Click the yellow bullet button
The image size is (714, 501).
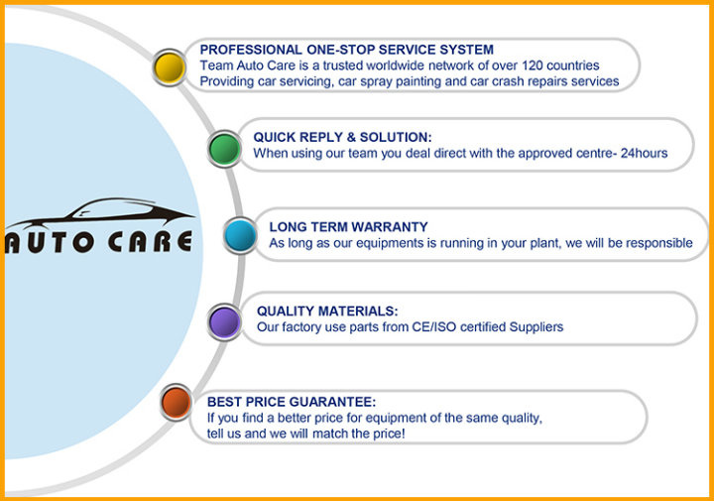[170, 67]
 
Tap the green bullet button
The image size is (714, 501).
[224, 149]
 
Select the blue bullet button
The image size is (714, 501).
[240, 235]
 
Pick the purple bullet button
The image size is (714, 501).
[224, 322]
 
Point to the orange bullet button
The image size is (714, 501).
[176, 403]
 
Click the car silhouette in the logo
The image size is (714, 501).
[101, 213]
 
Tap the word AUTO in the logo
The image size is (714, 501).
[50, 242]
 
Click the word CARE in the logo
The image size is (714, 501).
[150, 241]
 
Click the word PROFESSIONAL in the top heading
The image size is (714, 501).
[251, 50]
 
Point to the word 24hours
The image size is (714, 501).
[645, 153]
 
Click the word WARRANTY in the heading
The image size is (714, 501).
[390, 227]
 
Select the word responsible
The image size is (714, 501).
[659, 243]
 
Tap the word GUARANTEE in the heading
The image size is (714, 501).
[333, 402]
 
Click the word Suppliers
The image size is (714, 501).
[536, 327]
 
